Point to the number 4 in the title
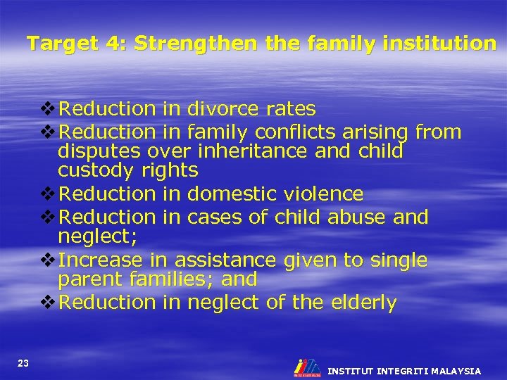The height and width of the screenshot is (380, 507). pyautogui.click(x=109, y=44)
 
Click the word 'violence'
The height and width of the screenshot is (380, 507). pyautogui.click(x=327, y=194)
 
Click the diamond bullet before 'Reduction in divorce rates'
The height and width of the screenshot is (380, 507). pyautogui.click(x=48, y=109)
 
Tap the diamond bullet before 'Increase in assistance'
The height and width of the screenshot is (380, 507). pyautogui.click(x=48, y=260)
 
